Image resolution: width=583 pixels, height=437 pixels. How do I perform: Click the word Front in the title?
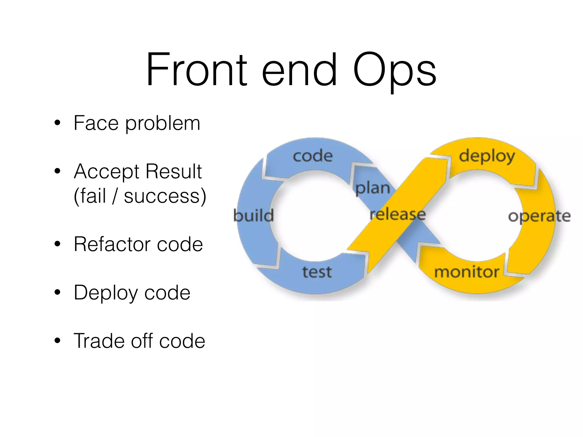196,69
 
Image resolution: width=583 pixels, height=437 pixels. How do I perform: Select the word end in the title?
299,69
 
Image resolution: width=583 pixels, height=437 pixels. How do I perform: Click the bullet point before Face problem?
58,123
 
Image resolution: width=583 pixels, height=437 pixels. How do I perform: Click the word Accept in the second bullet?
106,172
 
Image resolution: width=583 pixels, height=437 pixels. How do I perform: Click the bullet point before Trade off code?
58,341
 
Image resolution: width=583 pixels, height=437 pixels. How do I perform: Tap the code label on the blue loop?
313,156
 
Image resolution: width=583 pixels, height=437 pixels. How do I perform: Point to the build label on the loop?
253,215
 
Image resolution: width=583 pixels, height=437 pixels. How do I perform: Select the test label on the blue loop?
317,272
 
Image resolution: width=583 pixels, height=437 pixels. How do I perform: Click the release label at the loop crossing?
398,214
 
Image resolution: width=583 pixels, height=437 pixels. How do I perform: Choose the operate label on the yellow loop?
539,217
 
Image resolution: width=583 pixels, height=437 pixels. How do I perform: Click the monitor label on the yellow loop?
467,272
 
